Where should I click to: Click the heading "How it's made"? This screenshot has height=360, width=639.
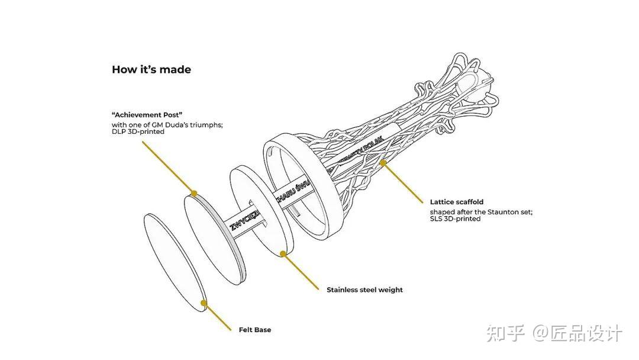pyautogui.click(x=151, y=70)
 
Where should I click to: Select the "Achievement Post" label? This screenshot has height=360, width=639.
pyautogui.click(x=147, y=114)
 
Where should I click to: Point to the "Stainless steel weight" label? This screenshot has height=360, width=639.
pyautogui.click(x=364, y=290)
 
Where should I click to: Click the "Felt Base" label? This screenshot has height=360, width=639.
pyautogui.click(x=255, y=330)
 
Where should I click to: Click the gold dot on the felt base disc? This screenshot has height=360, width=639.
pyautogui.click(x=204, y=303)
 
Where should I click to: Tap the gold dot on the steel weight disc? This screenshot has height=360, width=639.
pyautogui.click(x=283, y=253)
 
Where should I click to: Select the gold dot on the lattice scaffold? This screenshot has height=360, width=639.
pyautogui.click(x=383, y=161)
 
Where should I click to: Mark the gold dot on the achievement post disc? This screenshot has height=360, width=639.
pyautogui.click(x=193, y=192)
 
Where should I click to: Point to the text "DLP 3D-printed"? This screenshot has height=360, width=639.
pyautogui.click(x=138, y=132)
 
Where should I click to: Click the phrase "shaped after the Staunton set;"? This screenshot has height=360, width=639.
pyautogui.click(x=481, y=211)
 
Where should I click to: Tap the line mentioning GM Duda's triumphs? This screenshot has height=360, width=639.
pyautogui.click(x=167, y=125)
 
